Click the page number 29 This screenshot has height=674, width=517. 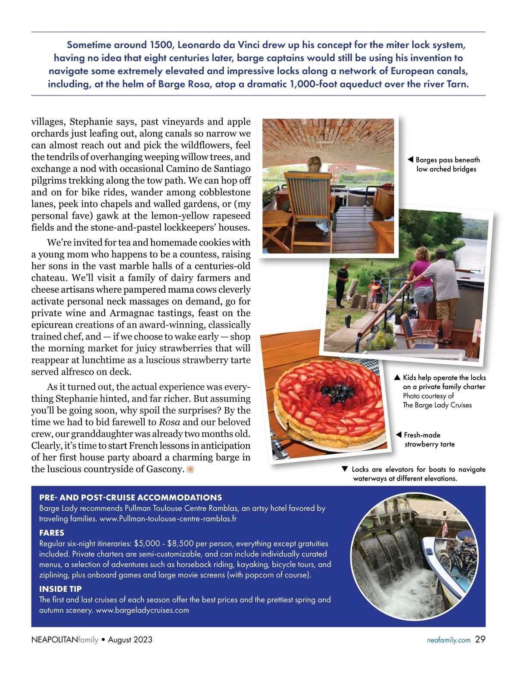point(480,640)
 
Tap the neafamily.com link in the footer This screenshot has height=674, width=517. point(448,640)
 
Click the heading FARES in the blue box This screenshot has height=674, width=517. point(52,533)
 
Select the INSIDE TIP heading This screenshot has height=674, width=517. point(60,589)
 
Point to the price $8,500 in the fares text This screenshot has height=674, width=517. point(177,543)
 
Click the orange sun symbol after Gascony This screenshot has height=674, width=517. point(190,469)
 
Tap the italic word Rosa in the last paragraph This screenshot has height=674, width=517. point(169,422)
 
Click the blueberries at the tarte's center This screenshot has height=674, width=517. point(336,392)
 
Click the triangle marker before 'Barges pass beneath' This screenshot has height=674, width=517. point(411,160)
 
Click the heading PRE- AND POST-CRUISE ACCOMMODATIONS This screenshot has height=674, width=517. point(131,497)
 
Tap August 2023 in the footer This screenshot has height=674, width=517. point(130,640)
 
